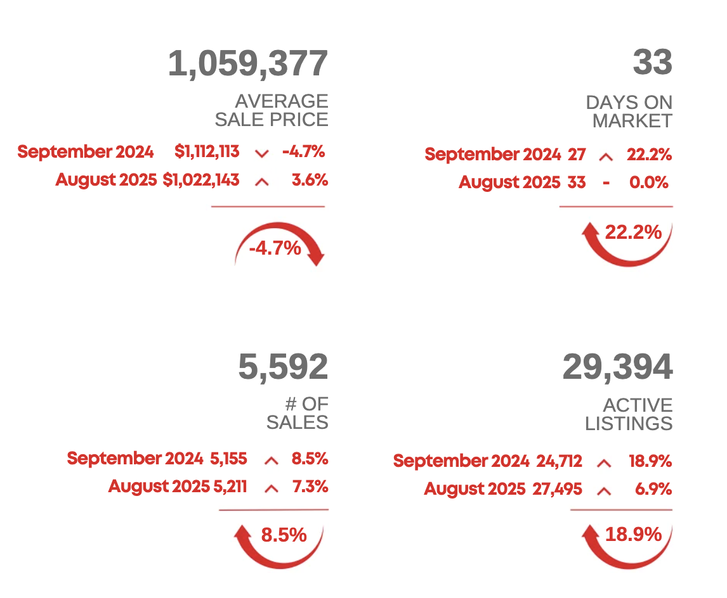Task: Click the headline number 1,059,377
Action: pyautogui.click(x=248, y=64)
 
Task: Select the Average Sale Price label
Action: pyautogui.click(x=272, y=110)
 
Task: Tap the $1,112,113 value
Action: pyautogui.click(x=207, y=152)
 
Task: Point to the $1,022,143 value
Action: pyautogui.click(x=201, y=181)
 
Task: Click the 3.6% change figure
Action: pyautogui.click(x=310, y=181)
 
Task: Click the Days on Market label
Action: pyautogui.click(x=629, y=111)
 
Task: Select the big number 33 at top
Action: pyautogui.click(x=652, y=63)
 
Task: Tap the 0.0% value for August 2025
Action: pyautogui.click(x=648, y=183)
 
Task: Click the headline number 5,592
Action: pyautogui.click(x=283, y=367)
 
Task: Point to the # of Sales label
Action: pyautogui.click(x=298, y=413)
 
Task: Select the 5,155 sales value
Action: pyautogui.click(x=228, y=459)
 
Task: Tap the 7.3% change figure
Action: pyautogui.click(x=310, y=487)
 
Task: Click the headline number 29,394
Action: pyautogui.click(x=617, y=367)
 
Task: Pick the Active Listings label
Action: pyautogui.click(x=629, y=414)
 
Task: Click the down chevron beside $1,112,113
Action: pyautogui.click(x=261, y=153)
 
